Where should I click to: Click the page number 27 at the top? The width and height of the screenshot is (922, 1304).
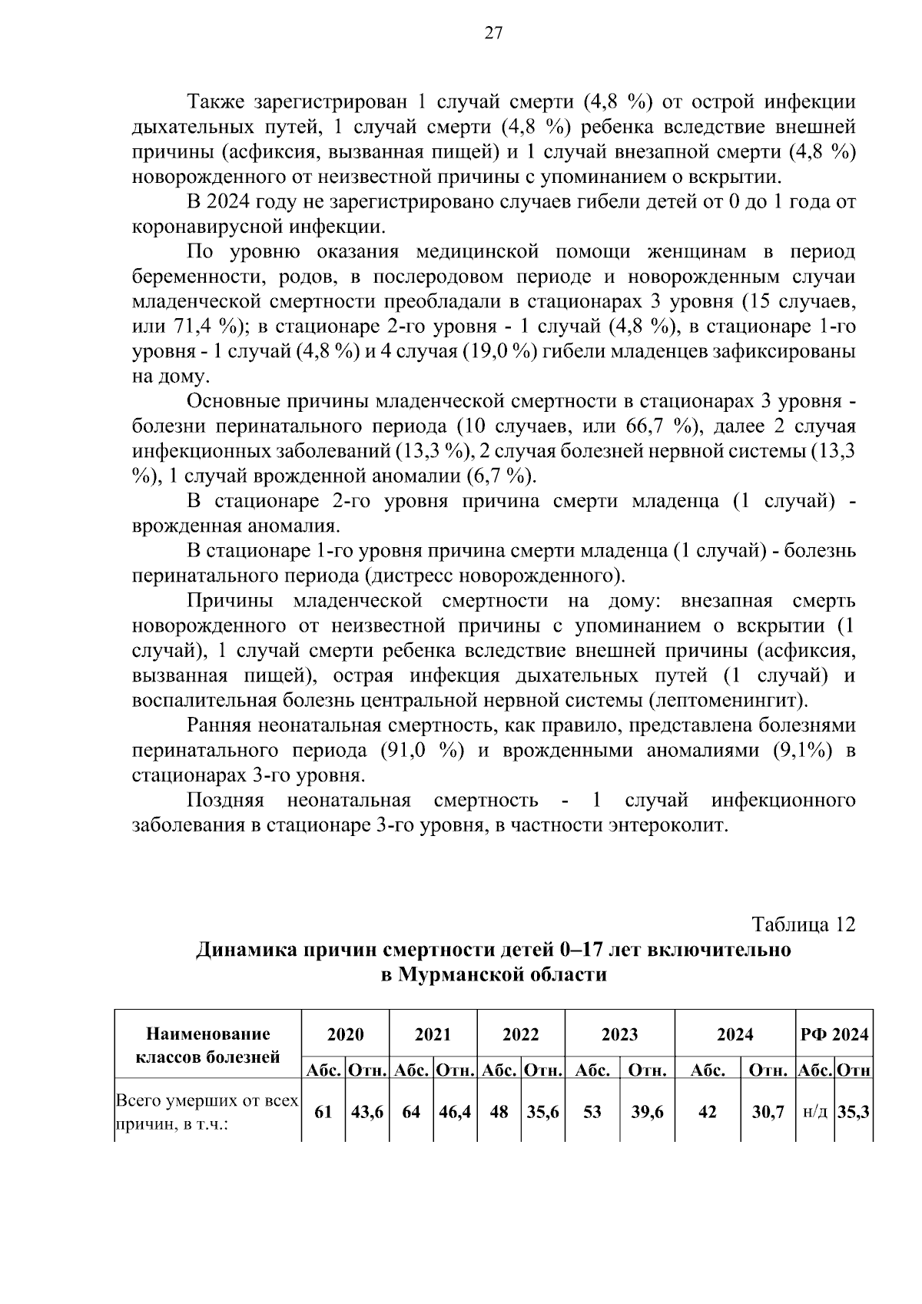point(493,32)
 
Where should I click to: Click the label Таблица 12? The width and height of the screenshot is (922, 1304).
point(804,924)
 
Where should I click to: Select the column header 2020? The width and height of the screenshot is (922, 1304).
point(346,1034)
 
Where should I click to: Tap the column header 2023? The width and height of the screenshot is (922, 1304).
point(619,1034)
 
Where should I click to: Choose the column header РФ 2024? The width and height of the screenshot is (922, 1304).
point(834,1034)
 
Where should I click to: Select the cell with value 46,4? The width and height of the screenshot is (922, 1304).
point(455,1112)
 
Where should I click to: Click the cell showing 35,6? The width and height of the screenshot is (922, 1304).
point(542,1112)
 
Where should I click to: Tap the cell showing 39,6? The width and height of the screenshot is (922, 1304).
point(647,1112)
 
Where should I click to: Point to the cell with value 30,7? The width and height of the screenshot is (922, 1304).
point(767,1112)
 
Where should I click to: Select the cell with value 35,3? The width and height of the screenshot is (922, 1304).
point(853,1112)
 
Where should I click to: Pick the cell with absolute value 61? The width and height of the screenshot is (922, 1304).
point(323,1112)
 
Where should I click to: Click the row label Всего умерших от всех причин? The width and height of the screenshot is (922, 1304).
point(207,1112)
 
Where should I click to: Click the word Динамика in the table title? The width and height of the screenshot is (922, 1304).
point(245,950)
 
